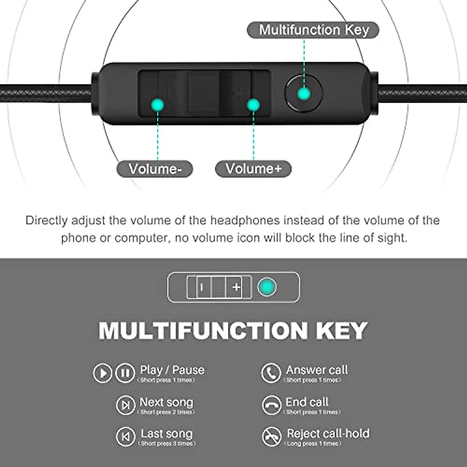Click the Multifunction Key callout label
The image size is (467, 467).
[x=313, y=30]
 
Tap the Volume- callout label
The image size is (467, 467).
[x=155, y=169]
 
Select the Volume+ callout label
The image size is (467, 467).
[x=253, y=169]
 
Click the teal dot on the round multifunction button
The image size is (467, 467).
[x=304, y=94]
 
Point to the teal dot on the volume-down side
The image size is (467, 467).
[x=158, y=104]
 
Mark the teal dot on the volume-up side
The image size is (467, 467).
[x=253, y=105]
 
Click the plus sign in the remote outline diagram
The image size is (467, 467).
[x=236, y=287]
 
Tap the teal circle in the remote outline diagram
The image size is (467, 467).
[x=267, y=287]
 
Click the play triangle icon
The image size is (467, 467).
[x=103, y=373]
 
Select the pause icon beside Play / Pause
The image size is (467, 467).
[x=125, y=373]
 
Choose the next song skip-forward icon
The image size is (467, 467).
[x=125, y=405]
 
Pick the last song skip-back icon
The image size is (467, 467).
[x=125, y=437]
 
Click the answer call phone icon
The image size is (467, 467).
[x=271, y=373]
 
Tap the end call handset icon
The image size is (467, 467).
[x=271, y=405]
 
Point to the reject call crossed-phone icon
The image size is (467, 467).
[x=271, y=437]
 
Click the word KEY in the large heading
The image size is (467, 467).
[x=341, y=331]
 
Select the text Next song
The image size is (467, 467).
[x=166, y=402]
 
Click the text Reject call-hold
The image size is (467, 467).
[x=328, y=433]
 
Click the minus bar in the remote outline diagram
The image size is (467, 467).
[x=201, y=287]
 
